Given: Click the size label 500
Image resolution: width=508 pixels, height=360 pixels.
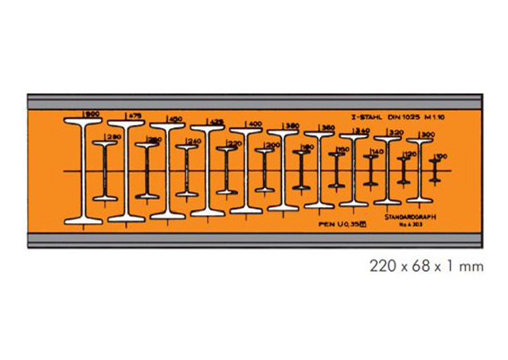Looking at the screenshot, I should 92,114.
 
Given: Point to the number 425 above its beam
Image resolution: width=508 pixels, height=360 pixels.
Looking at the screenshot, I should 214,121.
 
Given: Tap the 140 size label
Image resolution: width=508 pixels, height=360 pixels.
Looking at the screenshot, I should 377,151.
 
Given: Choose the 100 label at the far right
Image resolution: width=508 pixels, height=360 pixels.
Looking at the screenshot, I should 442,156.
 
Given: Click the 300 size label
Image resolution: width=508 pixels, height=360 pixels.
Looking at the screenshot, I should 428,134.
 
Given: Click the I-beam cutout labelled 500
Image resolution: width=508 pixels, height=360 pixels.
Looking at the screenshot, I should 84,171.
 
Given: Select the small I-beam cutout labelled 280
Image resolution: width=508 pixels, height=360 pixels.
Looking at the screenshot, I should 104,171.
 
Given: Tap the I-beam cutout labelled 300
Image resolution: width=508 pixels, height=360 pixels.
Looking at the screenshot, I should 419,171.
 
